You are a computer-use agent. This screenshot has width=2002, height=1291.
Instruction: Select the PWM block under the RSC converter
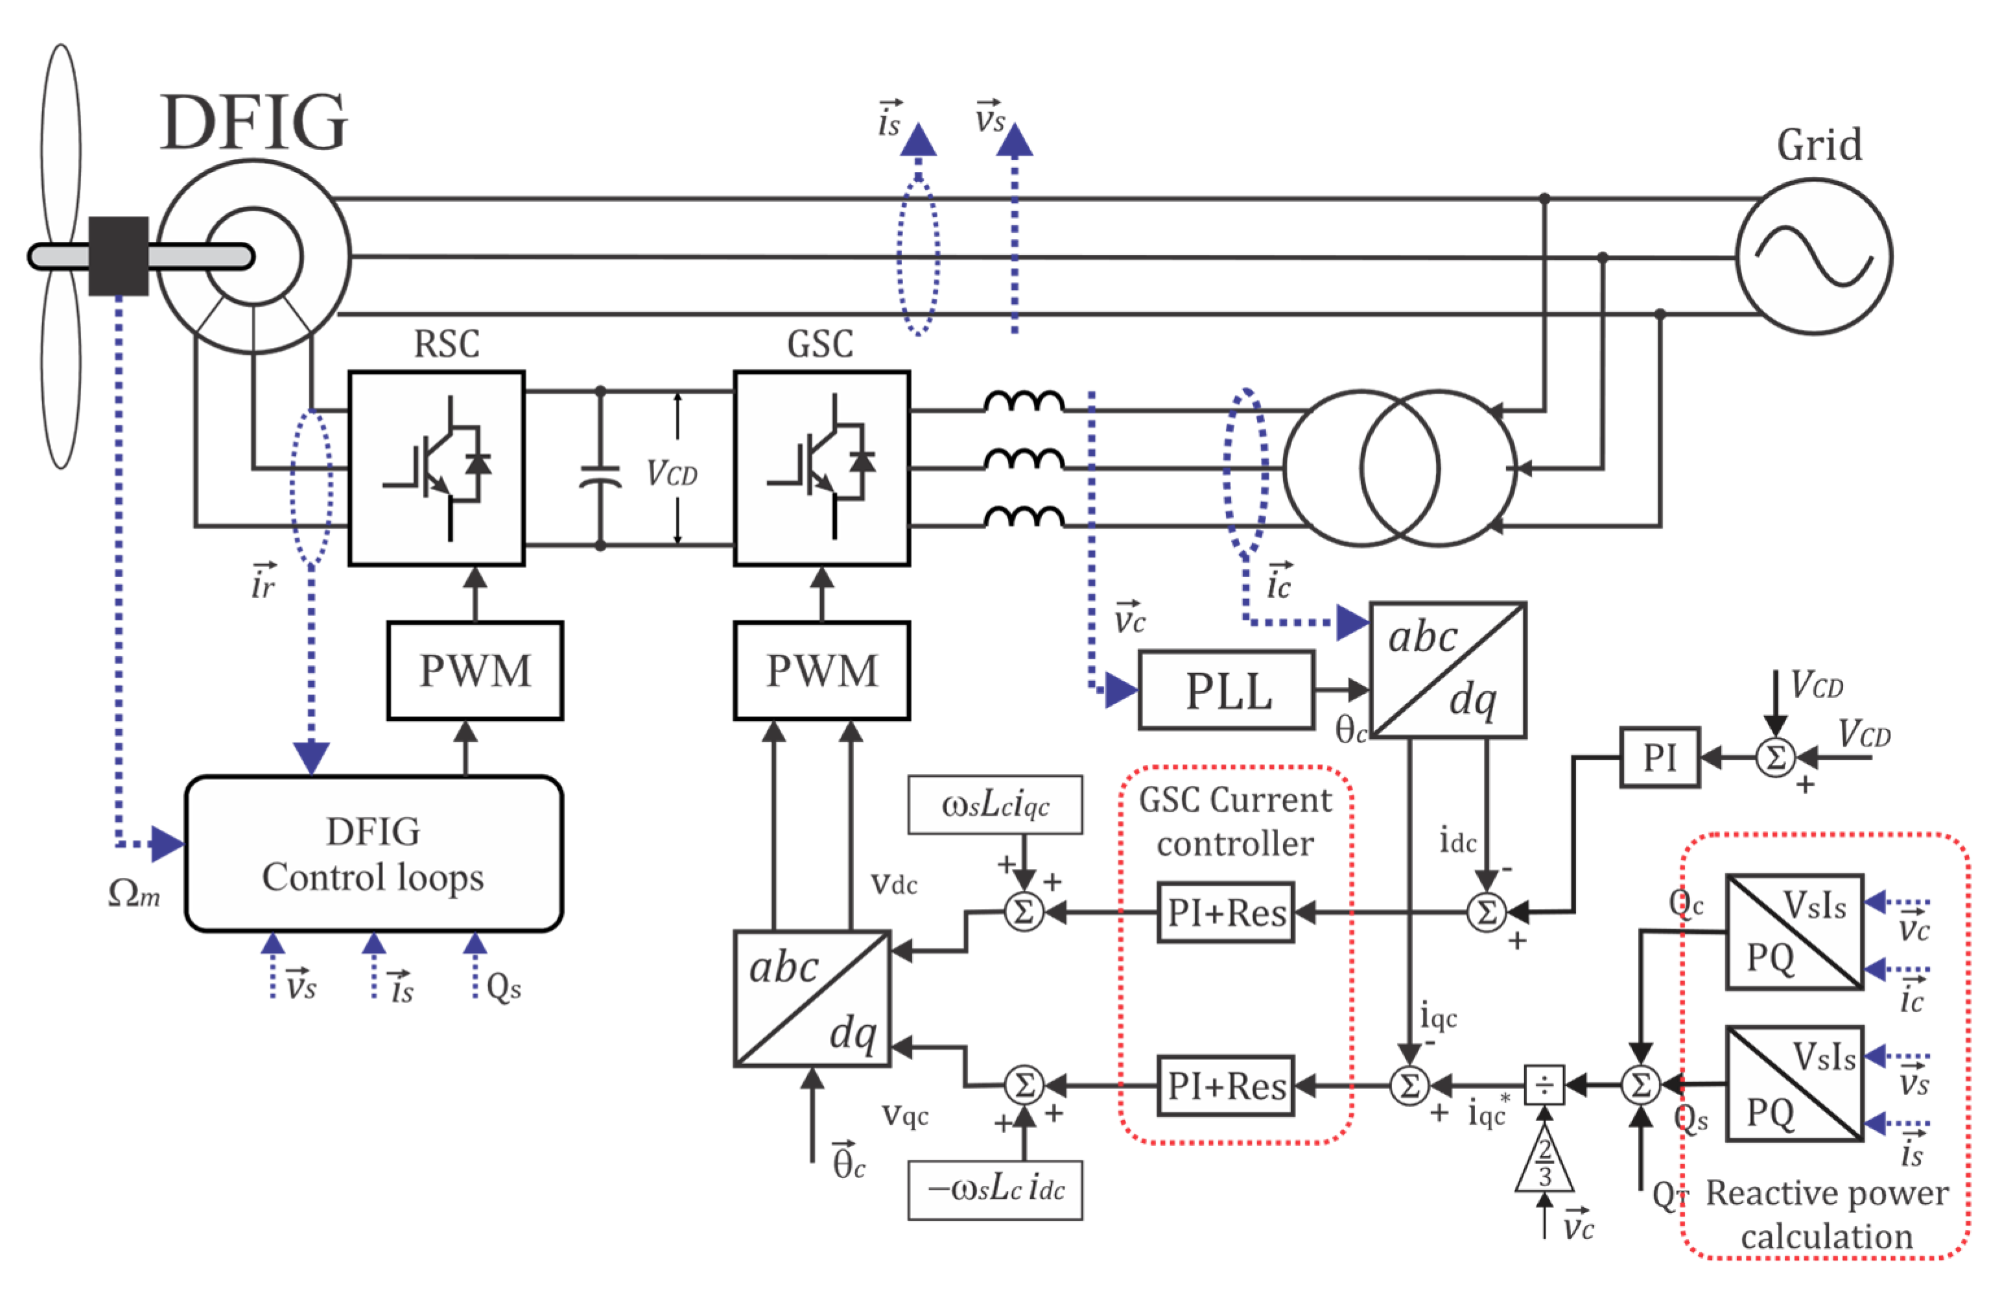tap(475, 670)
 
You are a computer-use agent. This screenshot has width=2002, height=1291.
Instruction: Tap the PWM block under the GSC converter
tap(821, 670)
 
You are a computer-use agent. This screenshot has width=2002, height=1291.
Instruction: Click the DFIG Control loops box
tap(373, 854)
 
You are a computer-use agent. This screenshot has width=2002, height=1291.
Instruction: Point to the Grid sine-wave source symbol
tap(1813, 257)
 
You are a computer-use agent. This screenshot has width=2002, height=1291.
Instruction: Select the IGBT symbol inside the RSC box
tap(436, 469)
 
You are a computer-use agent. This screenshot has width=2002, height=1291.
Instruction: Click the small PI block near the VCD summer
tap(1659, 757)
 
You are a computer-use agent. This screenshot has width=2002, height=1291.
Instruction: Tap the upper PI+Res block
tap(1225, 912)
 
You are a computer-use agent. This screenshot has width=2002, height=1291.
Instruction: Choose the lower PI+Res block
tap(1225, 1085)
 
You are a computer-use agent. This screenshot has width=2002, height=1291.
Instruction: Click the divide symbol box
tap(1544, 1085)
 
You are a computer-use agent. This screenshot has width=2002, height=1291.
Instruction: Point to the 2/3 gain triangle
tap(1544, 1161)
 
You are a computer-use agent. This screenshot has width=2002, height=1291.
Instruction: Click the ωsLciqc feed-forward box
tap(995, 805)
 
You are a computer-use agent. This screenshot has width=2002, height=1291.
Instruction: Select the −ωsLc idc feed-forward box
tap(995, 1190)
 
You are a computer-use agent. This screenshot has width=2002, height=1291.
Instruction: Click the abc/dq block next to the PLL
tap(1447, 670)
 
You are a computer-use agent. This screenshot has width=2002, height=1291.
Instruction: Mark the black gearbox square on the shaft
tap(118, 255)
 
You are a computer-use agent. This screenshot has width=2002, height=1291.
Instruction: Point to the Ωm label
tap(134, 894)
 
